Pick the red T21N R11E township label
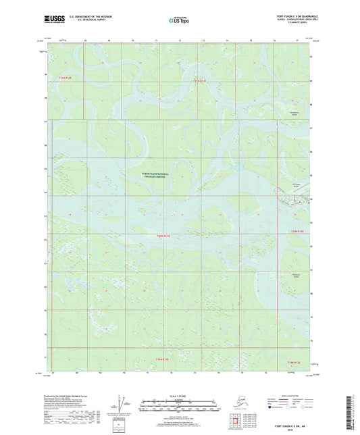click(x=199, y=81)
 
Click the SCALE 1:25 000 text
click(x=179, y=395)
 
